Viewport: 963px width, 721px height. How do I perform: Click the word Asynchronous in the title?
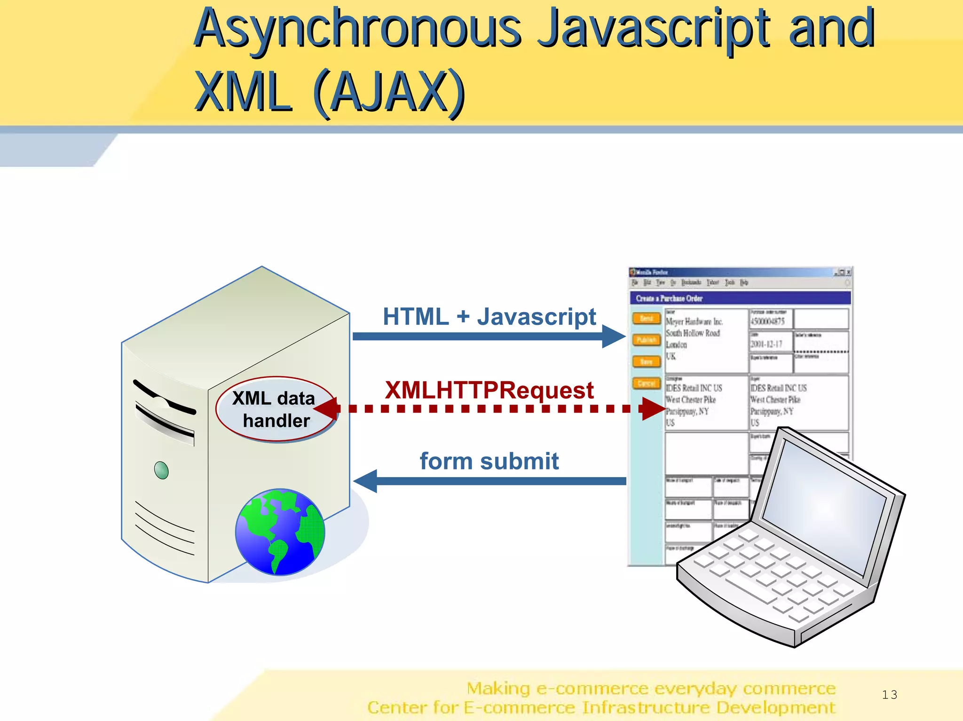coord(357,29)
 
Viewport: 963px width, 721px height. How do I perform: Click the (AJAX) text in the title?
coord(388,92)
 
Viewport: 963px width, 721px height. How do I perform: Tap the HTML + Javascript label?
coord(489,317)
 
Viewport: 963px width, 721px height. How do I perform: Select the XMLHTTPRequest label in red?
coord(489,390)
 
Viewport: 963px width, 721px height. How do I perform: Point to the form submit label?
coord(489,461)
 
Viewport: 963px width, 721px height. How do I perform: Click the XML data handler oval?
coord(276,409)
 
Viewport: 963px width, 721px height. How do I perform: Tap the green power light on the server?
coord(161,470)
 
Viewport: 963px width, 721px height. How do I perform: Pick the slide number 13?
coord(889,695)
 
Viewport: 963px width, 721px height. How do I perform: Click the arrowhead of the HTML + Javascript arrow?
coord(613,337)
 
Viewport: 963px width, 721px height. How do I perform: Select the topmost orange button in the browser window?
coord(646,318)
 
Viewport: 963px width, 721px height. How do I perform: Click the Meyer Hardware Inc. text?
coord(694,321)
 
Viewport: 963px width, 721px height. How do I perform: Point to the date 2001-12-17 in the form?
coord(766,344)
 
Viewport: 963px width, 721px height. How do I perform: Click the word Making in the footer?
coord(498,689)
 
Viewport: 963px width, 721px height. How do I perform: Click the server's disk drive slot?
coord(165,418)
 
